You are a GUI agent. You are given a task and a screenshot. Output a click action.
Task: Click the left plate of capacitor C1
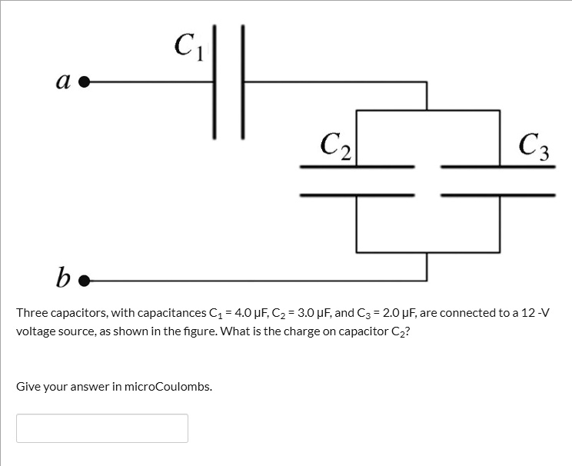coord(214,81)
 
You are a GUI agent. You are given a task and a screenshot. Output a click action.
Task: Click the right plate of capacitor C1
coord(243,81)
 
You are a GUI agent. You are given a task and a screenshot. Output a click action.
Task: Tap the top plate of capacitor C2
coord(357,166)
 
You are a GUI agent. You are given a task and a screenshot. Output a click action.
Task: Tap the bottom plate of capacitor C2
coord(357,195)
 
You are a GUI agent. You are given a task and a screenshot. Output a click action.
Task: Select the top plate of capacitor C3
coord(498,166)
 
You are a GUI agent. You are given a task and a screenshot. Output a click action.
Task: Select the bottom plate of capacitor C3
coord(498,195)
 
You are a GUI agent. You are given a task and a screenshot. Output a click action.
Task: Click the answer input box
coord(102,428)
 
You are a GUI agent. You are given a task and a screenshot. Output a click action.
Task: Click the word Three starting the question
coord(32,313)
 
